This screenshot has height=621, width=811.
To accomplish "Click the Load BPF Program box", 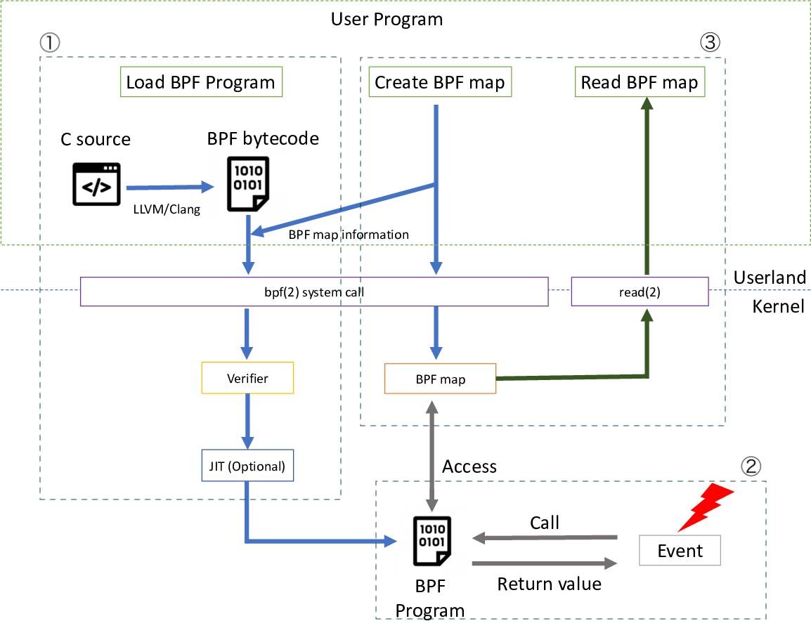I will click(200, 82).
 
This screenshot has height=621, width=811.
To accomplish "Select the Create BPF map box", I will click(439, 82).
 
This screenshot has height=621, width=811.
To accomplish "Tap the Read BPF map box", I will click(639, 82).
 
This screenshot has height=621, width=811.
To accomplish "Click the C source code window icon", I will click(96, 184).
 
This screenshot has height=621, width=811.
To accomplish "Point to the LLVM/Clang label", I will click(167, 209).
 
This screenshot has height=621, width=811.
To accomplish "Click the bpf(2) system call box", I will click(314, 291).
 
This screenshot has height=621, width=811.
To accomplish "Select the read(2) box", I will click(640, 291).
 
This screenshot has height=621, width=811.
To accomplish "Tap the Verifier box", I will click(247, 378).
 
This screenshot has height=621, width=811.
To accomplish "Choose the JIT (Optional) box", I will click(247, 466).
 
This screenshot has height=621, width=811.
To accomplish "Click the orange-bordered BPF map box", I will click(440, 379).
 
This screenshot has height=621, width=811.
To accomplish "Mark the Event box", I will click(680, 551).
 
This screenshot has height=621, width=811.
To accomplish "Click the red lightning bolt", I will click(706, 506).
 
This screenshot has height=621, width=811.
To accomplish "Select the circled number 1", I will click(50, 42).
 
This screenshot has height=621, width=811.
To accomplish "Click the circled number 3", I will click(710, 42).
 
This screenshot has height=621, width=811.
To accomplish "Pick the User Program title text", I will click(387, 19).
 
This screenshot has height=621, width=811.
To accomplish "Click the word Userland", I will click(770, 277).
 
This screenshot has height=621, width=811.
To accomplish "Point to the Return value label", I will click(549, 584).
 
